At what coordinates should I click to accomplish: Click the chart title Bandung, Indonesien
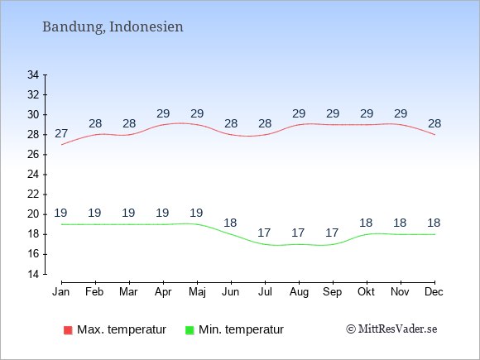[113, 26]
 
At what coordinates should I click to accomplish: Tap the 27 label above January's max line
[61, 134]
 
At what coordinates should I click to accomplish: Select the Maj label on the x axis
[197, 292]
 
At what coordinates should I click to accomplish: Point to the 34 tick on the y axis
[33, 74]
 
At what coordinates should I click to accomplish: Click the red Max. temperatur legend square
[68, 330]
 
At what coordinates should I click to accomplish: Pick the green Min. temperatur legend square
[190, 330]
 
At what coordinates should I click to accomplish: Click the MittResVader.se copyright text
[391, 329]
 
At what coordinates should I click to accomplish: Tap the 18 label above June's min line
[230, 223]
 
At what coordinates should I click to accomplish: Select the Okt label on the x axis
[366, 292]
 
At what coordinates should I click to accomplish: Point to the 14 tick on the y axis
[33, 274]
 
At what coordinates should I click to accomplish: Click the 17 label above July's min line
[264, 233]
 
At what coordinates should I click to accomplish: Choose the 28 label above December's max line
[434, 123]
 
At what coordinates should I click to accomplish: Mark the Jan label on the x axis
[61, 292]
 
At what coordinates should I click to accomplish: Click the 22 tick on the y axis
[33, 194]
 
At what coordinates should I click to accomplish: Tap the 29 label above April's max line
[163, 114]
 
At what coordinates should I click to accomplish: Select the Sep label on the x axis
[333, 292]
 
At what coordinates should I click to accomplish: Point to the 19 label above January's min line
[60, 213]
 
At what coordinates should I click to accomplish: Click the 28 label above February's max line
[95, 123]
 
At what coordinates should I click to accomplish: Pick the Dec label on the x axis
[434, 292]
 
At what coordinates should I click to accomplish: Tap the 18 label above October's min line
[366, 223]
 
